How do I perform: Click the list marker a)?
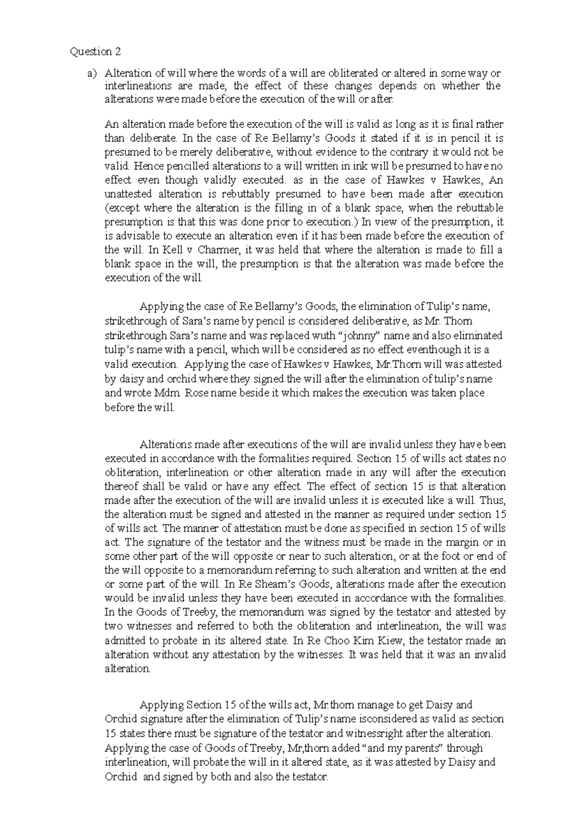pos(91,73)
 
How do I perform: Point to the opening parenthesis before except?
pos(107,208)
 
